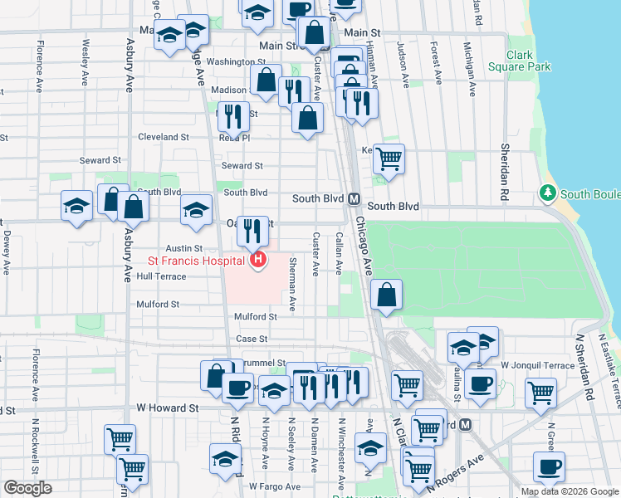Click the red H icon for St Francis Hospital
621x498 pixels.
pos(258,261)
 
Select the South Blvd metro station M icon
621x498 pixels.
pos(353,199)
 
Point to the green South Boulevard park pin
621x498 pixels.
pos(547,193)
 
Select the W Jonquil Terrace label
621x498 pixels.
pos(537,365)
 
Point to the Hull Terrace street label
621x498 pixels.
pos(162,276)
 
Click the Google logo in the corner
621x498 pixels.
pos(27,488)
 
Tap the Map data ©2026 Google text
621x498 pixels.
pos(569,491)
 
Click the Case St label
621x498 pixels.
pos(252,339)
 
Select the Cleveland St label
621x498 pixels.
pos(164,137)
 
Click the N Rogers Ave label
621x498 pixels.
pos(452,482)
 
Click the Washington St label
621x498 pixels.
pos(235,61)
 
